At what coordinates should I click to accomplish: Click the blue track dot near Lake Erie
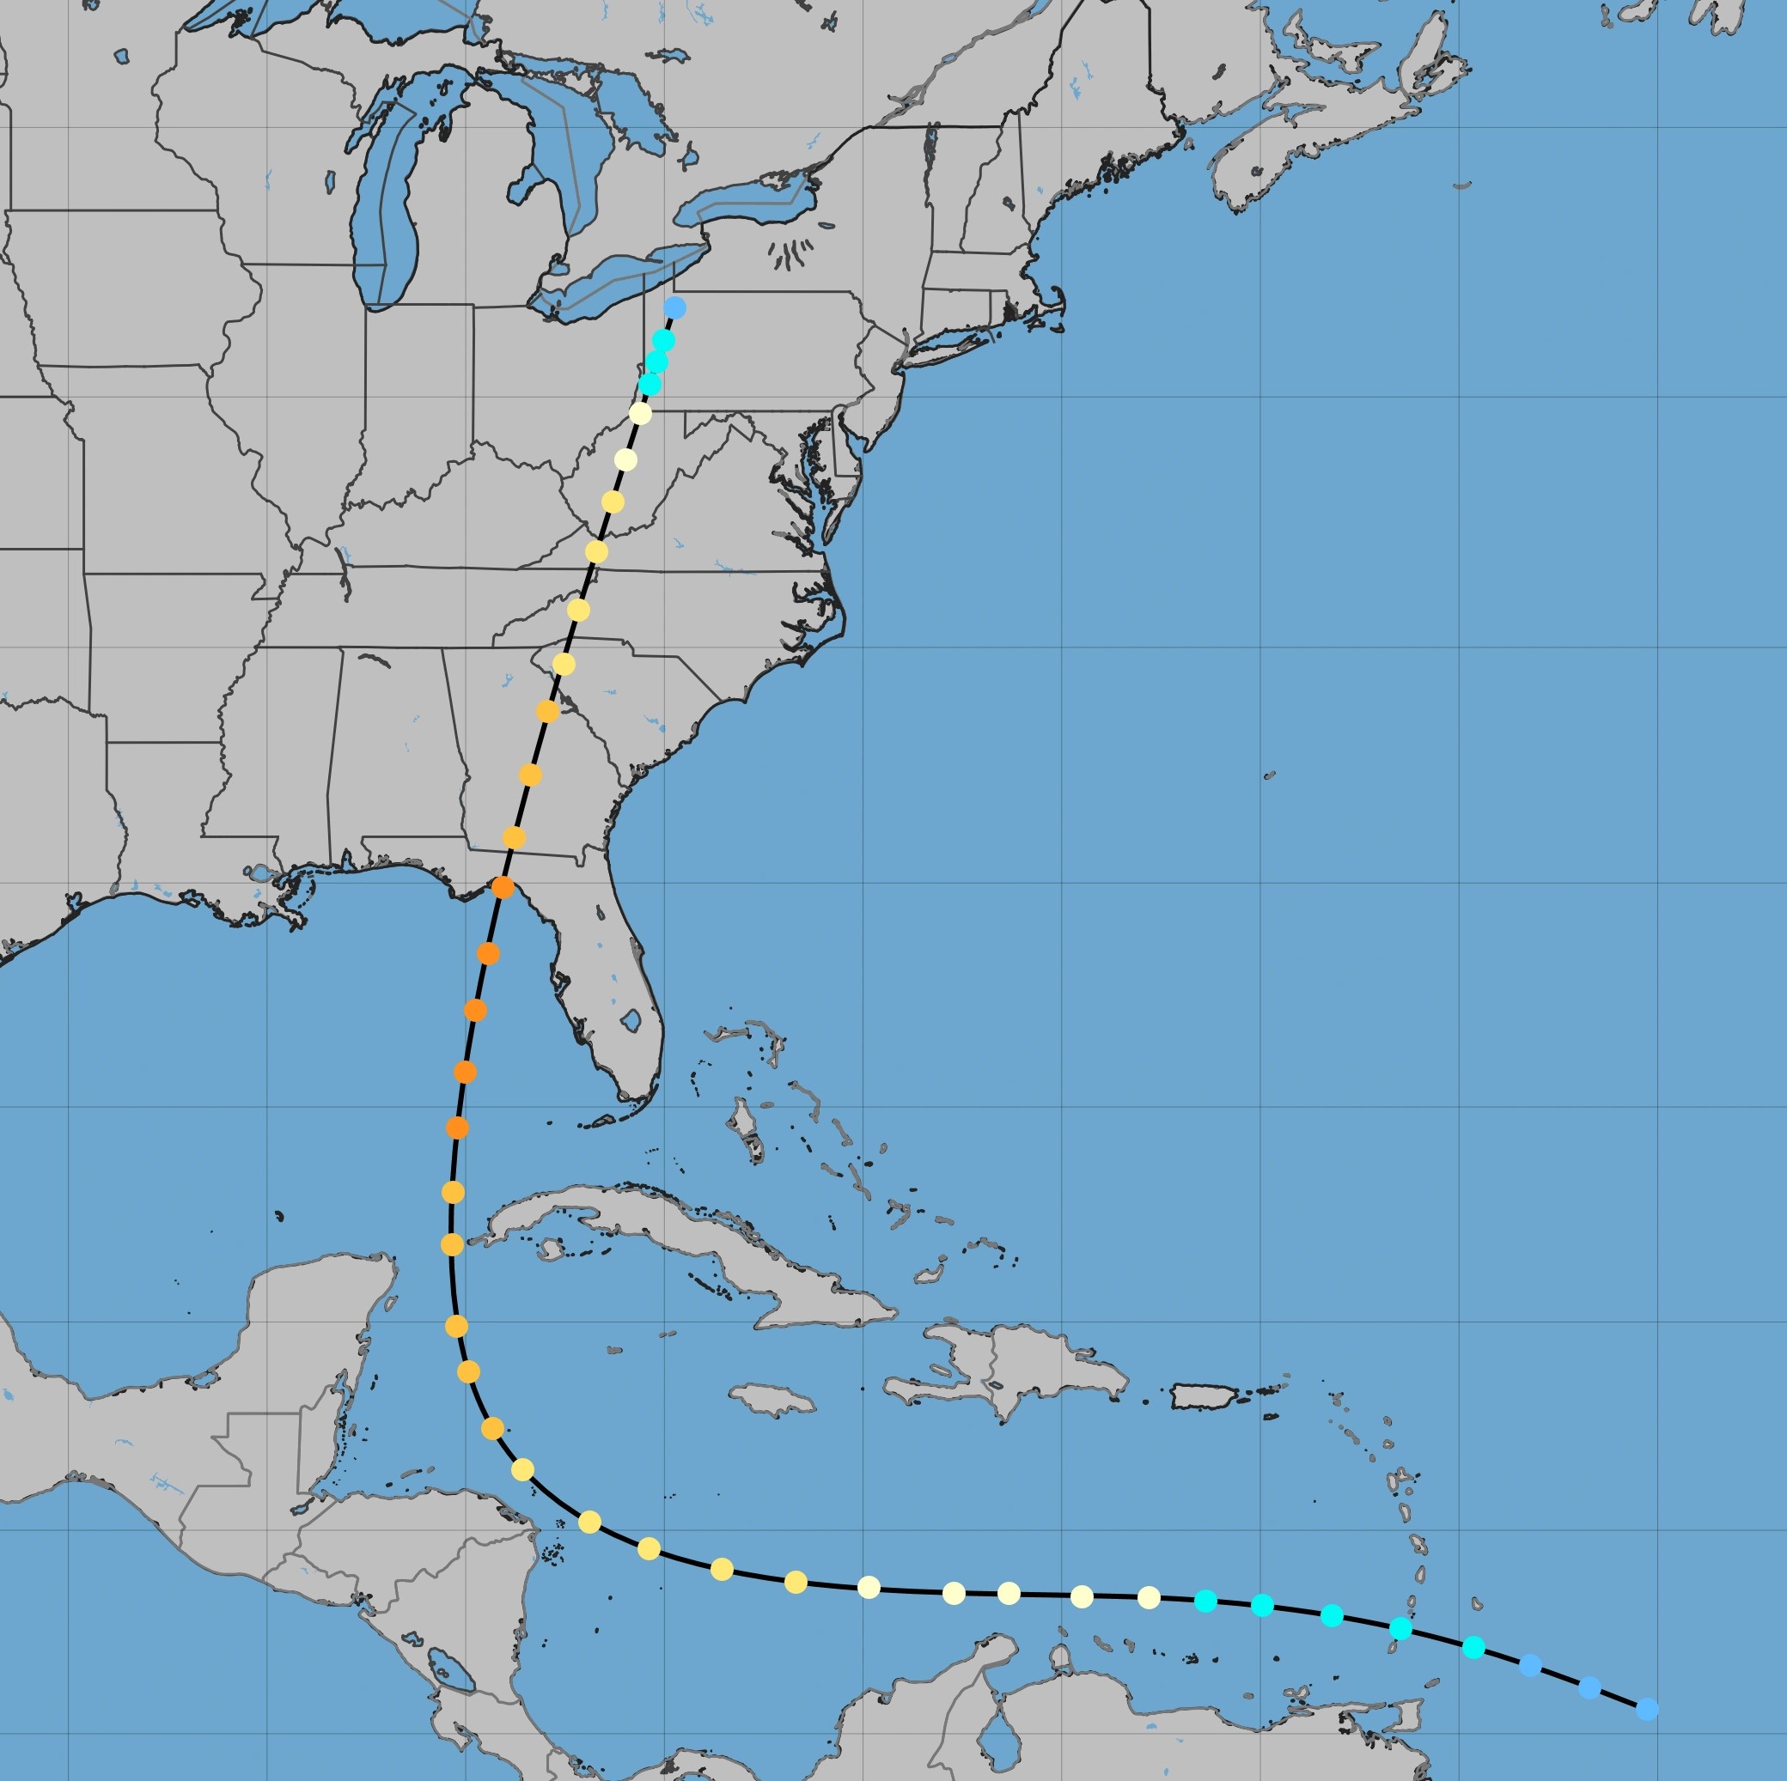coord(675,307)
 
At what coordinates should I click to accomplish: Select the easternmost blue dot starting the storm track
coord(1647,1709)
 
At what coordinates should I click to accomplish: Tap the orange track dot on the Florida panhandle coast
coord(503,888)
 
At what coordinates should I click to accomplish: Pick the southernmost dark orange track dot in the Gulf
coord(457,1128)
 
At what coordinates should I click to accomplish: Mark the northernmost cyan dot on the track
coord(663,340)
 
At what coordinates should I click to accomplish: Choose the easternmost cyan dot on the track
coord(1474,1647)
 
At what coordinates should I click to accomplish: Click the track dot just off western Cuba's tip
coord(451,1244)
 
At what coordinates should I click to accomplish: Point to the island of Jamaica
coord(773,1399)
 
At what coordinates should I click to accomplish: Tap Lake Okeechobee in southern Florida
coord(631,1021)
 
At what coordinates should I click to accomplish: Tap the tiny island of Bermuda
coord(1269,775)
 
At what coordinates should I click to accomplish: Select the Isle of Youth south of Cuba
coord(551,1250)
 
